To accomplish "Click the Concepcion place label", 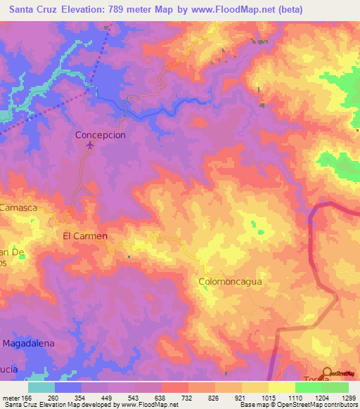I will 100,134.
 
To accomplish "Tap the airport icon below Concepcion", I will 89,145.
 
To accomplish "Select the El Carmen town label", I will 85,236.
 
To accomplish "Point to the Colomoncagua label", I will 230,281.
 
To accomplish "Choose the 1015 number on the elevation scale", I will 268,397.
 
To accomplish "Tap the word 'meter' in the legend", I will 11,397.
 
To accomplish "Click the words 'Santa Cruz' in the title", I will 29,10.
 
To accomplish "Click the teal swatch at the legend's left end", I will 41,387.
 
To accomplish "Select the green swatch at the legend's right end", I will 335,387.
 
